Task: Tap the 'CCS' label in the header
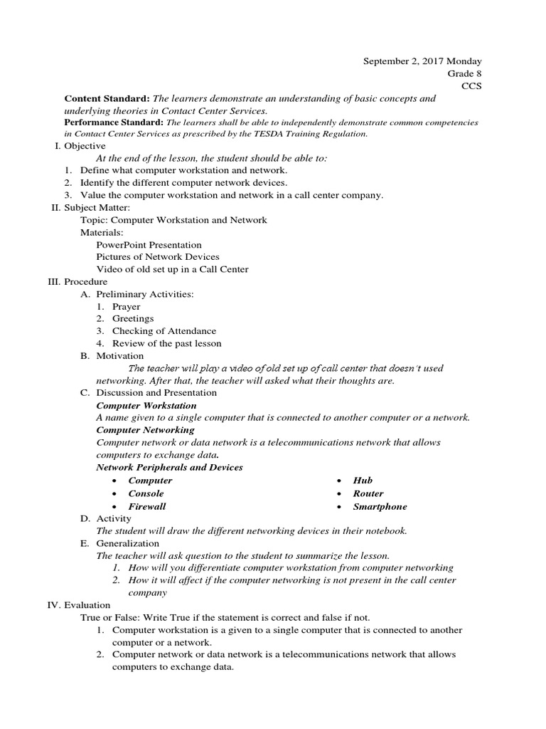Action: tap(472, 85)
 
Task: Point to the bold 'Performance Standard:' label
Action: tap(114, 122)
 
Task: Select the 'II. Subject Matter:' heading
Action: tap(90, 207)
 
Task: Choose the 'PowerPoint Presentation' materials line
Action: tap(149, 244)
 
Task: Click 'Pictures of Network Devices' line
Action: tap(157, 256)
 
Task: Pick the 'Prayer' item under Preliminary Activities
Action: tap(126, 306)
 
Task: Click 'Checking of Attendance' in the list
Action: tap(164, 330)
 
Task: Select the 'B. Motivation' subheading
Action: tap(112, 355)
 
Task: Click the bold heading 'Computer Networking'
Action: tap(145, 430)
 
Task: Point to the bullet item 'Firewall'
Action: tap(146, 506)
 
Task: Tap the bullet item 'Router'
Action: tap(368, 493)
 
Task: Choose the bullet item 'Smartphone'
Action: tap(380, 506)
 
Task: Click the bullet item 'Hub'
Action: tap(363, 481)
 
